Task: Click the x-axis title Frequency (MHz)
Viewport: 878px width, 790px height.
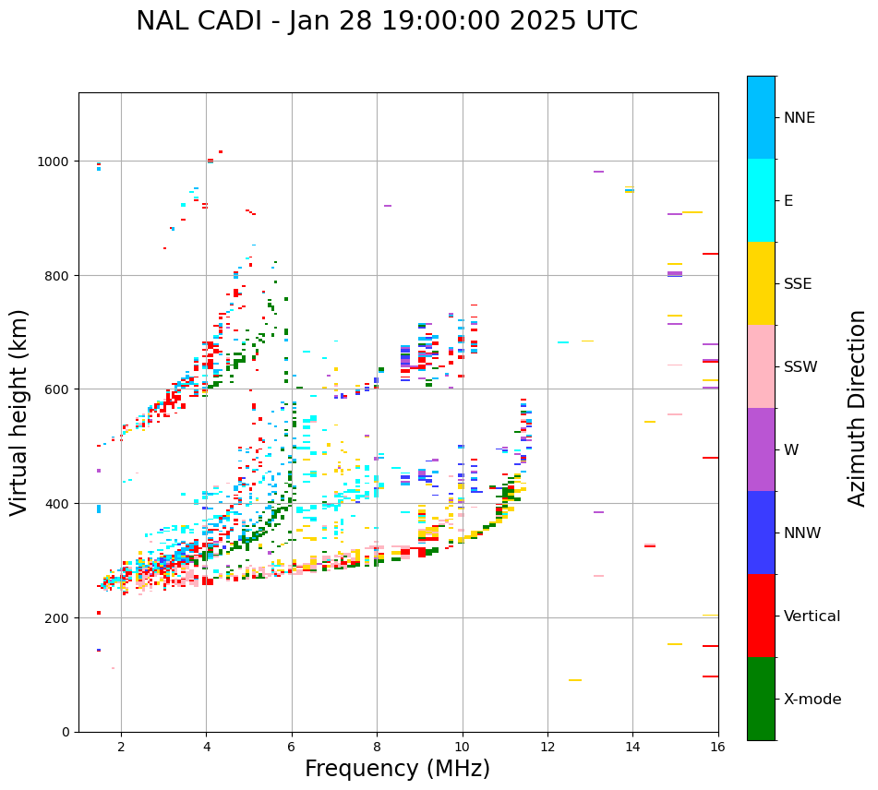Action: [x=397, y=769]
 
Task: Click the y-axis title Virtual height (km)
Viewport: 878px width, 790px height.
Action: [x=19, y=412]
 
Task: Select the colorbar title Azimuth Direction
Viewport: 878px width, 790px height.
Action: [x=858, y=408]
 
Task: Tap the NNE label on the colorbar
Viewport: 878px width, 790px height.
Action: [x=800, y=118]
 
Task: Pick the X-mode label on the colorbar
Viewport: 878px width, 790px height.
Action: [x=812, y=700]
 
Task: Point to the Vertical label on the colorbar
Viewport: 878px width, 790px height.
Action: [x=812, y=616]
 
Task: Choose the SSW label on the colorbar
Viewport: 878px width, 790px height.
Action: [x=800, y=367]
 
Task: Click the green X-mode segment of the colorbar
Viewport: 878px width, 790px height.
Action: [x=761, y=699]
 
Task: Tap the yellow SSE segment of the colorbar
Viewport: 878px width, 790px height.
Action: [x=761, y=283]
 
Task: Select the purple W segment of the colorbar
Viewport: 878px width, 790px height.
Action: [x=761, y=449]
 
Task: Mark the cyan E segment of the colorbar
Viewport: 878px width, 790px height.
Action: [x=761, y=200]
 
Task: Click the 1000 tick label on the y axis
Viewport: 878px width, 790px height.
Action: [x=54, y=162]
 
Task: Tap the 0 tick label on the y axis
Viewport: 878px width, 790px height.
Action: [x=66, y=732]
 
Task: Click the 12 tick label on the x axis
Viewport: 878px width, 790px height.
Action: [x=547, y=748]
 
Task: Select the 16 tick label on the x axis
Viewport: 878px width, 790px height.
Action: [x=717, y=748]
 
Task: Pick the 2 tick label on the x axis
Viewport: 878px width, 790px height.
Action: [x=121, y=748]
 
